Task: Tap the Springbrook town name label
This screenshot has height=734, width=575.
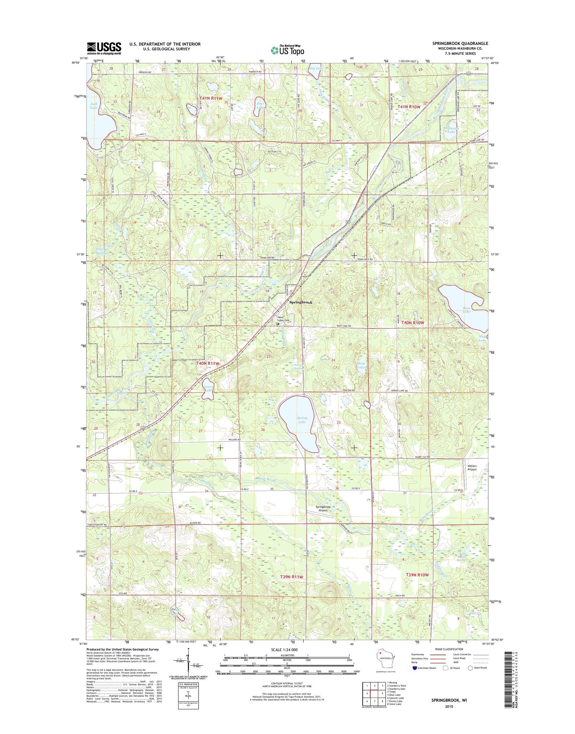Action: (x=301, y=303)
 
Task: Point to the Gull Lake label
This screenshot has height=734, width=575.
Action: (x=94, y=106)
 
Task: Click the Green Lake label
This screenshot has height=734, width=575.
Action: (x=209, y=388)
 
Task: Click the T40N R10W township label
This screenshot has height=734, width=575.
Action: (x=411, y=323)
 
